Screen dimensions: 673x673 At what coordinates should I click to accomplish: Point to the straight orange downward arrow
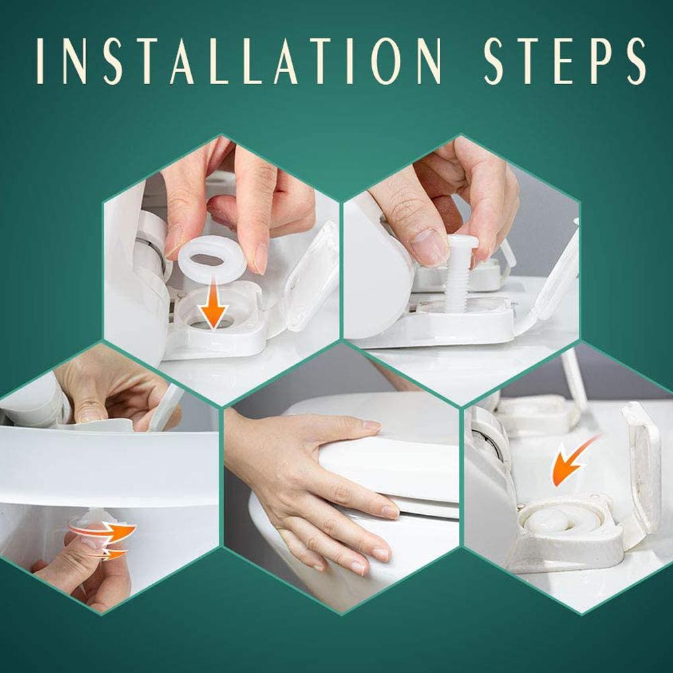[213, 309]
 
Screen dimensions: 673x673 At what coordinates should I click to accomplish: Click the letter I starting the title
[42, 61]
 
